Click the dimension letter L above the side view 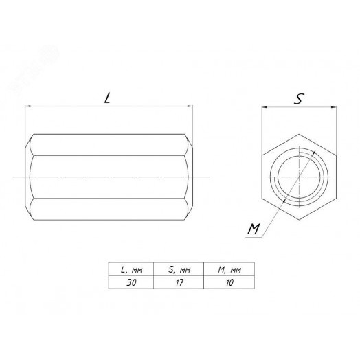107,98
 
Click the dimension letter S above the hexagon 299,99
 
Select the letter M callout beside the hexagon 254,229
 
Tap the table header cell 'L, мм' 131,269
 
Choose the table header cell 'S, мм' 179,269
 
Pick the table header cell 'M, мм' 229,269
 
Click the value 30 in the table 131,282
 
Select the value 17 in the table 179,282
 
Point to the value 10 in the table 229,282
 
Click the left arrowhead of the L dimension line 27,106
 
